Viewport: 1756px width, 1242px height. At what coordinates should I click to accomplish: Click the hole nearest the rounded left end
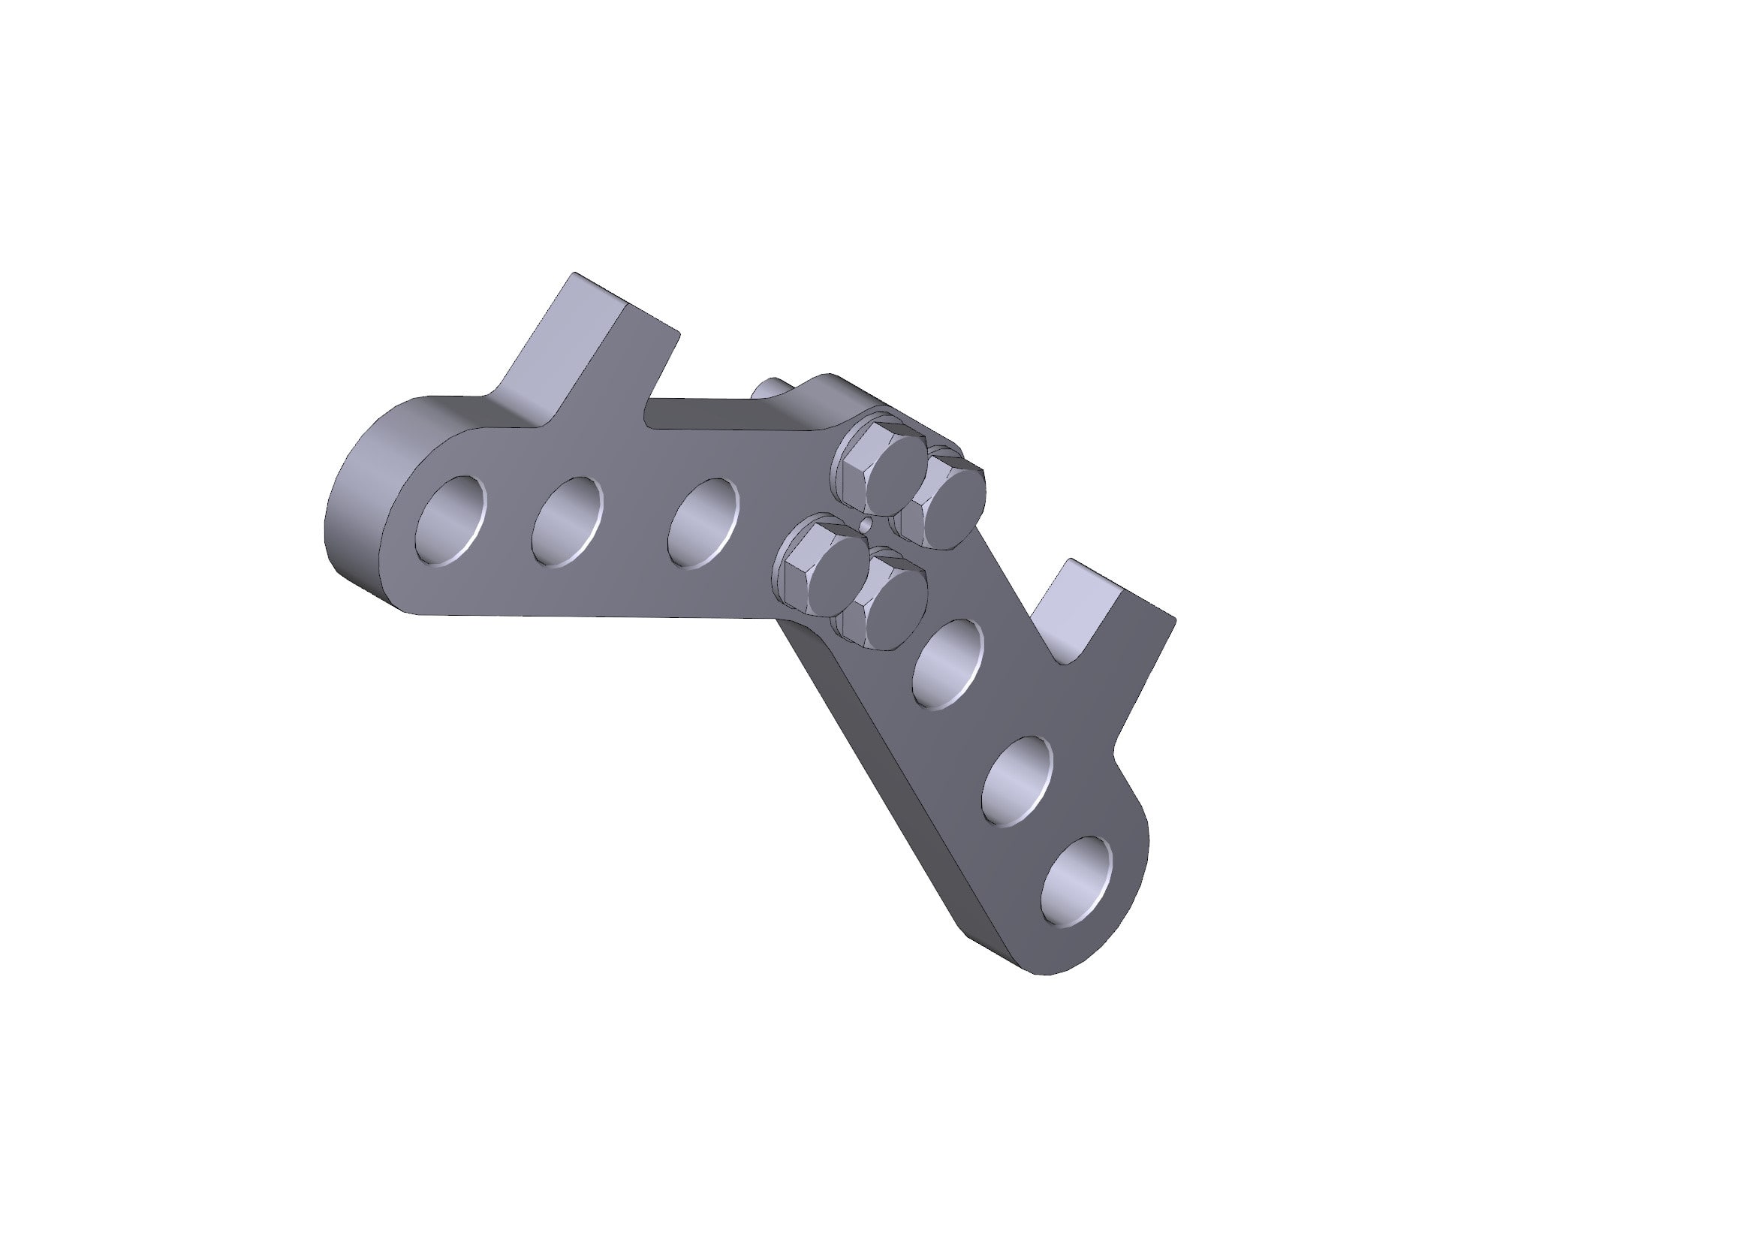[450, 521]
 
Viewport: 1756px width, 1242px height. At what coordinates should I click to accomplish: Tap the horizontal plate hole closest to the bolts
[703, 523]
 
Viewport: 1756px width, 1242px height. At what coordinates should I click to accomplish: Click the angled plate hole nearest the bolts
[948, 664]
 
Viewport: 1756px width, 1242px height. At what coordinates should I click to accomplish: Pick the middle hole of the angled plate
[1017, 782]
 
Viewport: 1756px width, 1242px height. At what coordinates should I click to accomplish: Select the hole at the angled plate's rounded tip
[1077, 882]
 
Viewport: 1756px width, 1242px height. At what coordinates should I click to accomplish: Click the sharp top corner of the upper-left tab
[575, 273]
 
